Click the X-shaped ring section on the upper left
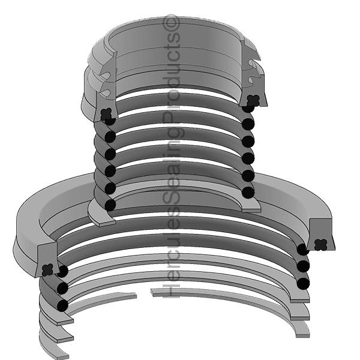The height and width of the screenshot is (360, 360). click(106, 112)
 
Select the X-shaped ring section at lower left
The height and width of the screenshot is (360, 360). click(49, 268)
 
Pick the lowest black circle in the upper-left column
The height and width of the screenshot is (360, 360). click(110, 205)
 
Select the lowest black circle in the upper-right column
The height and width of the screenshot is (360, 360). click(247, 192)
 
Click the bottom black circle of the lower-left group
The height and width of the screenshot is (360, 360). click(62, 305)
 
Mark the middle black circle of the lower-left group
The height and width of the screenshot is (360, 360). click(62, 289)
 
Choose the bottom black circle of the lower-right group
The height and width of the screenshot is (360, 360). click(303, 282)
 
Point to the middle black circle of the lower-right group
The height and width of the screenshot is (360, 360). click(303, 266)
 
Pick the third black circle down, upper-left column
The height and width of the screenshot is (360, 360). click(110, 154)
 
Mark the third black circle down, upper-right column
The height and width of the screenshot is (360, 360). click(247, 142)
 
